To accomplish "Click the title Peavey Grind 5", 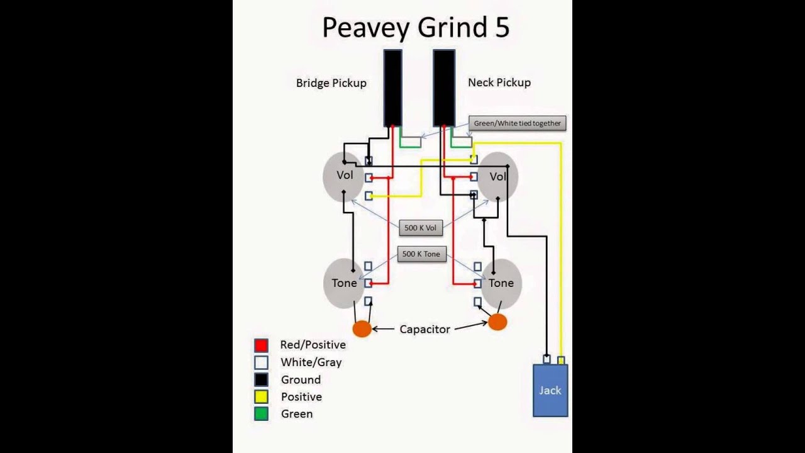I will [416, 28].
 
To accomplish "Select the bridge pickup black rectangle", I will [392, 87].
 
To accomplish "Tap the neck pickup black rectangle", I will [443, 87].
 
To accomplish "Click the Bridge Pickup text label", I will [331, 83].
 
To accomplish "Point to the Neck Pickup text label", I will [499, 82].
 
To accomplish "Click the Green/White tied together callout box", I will [517, 123].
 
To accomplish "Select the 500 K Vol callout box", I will [421, 228].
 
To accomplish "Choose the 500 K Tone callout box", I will [421, 254].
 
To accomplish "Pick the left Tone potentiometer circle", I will [343, 283].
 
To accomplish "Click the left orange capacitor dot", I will [362, 328].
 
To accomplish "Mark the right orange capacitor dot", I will [497, 322].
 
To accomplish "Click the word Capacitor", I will [425, 329].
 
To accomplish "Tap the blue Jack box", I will [550, 390].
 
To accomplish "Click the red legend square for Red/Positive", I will [261, 345].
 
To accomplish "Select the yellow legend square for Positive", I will [261, 397].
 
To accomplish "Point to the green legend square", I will [261, 414].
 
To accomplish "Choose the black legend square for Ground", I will [261, 380].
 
